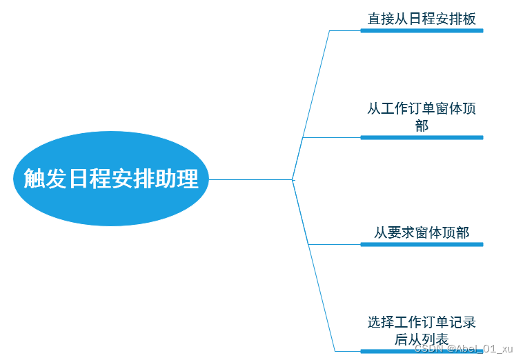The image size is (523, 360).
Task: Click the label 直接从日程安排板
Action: tap(422, 19)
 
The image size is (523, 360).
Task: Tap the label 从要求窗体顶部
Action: tap(422, 233)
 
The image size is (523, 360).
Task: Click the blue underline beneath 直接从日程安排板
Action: tap(422, 30)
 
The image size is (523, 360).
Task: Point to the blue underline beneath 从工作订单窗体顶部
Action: tap(422, 137)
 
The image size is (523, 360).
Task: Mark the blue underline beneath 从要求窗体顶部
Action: tap(422, 244)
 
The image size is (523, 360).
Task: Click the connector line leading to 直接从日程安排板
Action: tap(312, 103)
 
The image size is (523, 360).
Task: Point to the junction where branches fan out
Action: tap(293, 179)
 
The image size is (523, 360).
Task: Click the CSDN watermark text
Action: tap(464, 349)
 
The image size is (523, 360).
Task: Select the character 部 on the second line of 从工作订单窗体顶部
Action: tap(422, 126)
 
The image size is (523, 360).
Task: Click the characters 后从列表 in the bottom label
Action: tap(422, 339)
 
